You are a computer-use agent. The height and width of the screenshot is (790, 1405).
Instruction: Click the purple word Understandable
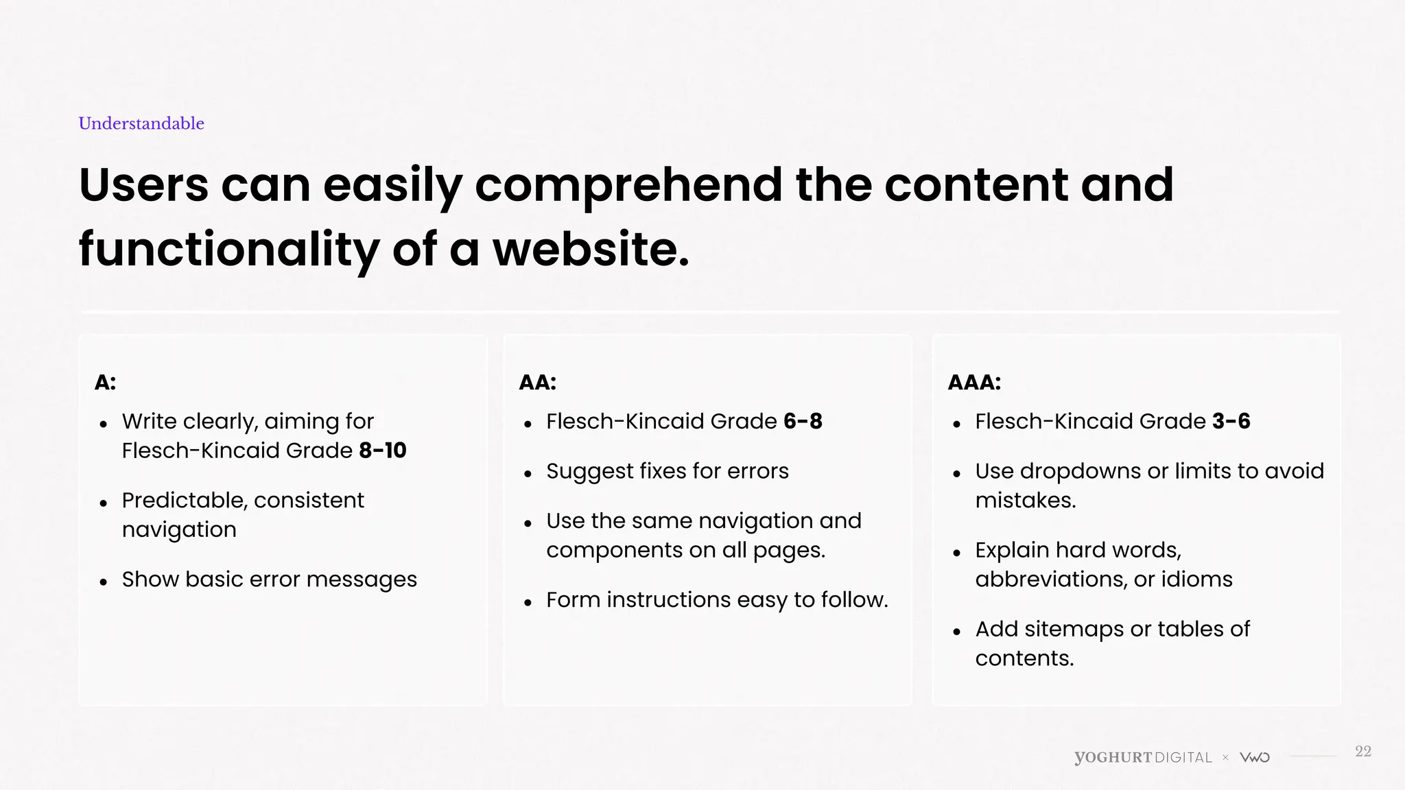141,123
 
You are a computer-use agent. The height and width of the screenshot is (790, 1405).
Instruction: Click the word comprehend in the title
628,185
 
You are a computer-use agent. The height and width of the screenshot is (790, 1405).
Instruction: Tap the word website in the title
591,249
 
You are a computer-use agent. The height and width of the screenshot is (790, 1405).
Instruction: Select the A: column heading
105,383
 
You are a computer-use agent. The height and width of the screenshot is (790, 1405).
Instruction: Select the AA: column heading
537,383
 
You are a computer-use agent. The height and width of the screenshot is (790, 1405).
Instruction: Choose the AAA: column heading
973,383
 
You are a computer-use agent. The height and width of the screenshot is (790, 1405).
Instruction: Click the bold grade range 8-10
383,451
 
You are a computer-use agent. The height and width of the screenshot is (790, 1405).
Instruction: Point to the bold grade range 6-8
803,421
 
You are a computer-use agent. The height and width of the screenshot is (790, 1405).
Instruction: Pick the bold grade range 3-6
1231,421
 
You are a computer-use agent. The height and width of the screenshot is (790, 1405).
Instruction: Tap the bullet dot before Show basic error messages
104,582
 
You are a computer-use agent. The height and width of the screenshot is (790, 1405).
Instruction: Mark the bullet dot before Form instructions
528,603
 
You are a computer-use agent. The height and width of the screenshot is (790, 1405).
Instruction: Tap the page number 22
1362,752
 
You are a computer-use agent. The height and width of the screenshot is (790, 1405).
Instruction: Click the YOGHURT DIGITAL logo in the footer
1143,758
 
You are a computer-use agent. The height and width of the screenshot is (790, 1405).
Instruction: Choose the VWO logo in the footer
1255,758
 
